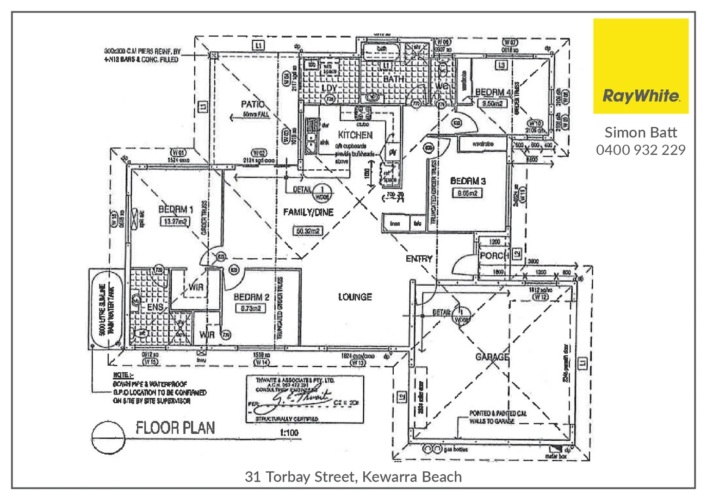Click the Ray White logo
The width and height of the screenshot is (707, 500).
click(641, 66)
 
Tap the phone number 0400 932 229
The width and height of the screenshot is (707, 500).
click(641, 150)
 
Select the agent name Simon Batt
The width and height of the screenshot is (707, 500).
click(641, 133)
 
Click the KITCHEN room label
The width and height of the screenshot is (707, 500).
click(355, 135)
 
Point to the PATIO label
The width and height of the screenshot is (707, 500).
click(253, 104)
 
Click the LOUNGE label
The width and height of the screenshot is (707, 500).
click(355, 297)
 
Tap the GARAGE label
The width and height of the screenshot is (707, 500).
click(492, 357)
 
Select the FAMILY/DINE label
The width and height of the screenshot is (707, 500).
click(308, 212)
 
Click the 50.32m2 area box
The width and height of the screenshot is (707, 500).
click(307, 231)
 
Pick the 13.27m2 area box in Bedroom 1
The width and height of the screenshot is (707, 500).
click(174, 221)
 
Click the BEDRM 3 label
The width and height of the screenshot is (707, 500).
click(468, 181)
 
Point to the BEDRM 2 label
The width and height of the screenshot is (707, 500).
click(251, 297)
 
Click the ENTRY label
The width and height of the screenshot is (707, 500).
click(419, 259)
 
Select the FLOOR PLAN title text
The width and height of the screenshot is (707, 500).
click(175, 428)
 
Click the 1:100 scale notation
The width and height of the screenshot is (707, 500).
click(289, 433)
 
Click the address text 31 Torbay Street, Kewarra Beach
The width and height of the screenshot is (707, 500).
click(353, 477)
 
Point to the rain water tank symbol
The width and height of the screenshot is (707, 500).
click(106, 309)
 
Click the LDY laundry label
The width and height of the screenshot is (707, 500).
click(329, 88)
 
